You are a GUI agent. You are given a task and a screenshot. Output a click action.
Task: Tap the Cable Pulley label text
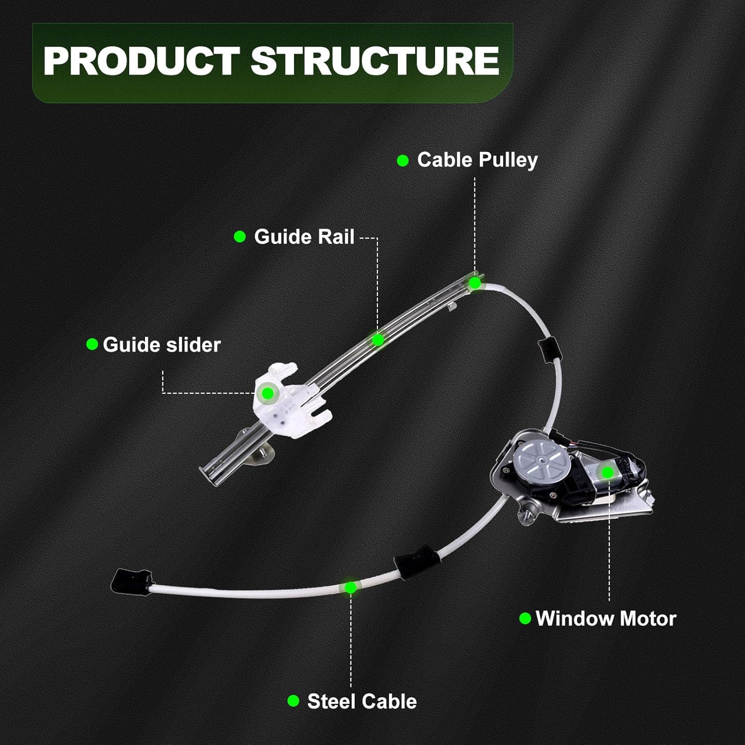coord(477,160)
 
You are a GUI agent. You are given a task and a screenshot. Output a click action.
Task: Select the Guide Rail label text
coord(304,237)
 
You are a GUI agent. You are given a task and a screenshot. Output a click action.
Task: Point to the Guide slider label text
coord(161,345)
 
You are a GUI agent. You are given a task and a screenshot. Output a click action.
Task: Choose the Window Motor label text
coord(606,619)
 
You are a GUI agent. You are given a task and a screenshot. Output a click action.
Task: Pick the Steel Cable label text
coord(362,701)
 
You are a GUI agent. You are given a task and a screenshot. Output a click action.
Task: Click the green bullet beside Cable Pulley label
coord(403,160)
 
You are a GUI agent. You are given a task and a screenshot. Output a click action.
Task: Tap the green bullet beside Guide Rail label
coord(240,237)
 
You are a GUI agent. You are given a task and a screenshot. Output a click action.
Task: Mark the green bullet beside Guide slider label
coord(92,344)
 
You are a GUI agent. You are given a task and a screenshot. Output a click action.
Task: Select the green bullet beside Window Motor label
coord(525,618)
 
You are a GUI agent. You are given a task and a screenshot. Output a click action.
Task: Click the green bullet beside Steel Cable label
coord(293,701)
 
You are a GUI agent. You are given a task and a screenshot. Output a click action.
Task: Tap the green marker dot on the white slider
coord(268,393)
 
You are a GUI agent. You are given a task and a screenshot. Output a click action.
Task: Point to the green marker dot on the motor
coord(607,473)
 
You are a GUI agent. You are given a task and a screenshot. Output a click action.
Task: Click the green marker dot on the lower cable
coord(351,588)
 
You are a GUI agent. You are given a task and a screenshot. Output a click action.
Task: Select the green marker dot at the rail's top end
coord(475,283)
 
